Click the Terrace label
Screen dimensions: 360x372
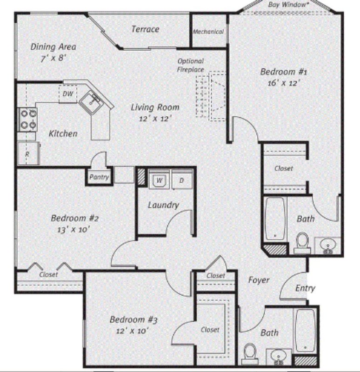coord(145,29)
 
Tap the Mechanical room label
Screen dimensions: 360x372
coord(208,32)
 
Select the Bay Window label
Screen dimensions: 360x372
coord(287,5)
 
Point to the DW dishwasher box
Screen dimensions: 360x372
coord(68,94)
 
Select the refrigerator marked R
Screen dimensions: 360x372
coord(28,153)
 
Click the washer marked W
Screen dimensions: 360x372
coord(159,179)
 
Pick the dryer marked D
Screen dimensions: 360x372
coord(182,179)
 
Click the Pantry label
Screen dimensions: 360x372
coord(99,177)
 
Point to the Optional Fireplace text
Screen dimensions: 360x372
coord(191,65)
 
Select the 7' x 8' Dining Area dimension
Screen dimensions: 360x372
coord(53,58)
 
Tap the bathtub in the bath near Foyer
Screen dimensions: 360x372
coord(306,331)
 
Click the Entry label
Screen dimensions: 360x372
coord(305,288)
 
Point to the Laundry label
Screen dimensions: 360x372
coord(164,205)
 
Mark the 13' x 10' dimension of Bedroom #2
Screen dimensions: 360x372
coord(73,230)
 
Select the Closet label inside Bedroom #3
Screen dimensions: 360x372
coord(210,330)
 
